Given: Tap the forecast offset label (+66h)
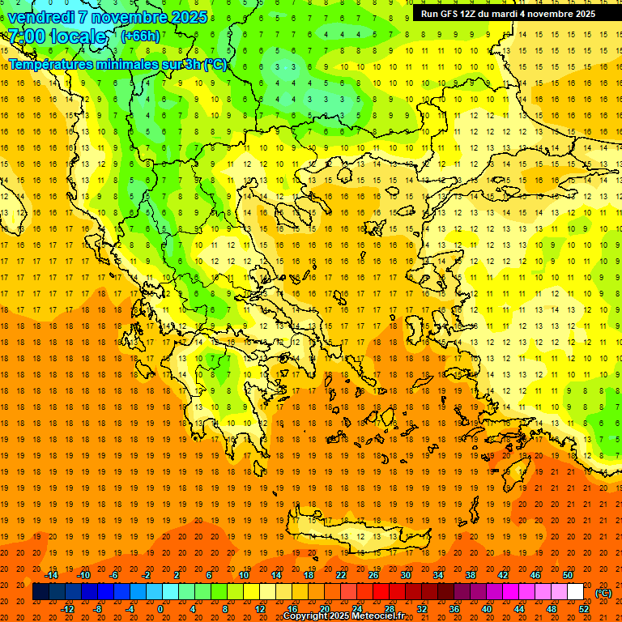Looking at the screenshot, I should click(x=140, y=36).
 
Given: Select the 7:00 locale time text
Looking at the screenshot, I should click(x=57, y=36).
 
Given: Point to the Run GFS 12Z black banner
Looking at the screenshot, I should click(x=508, y=14).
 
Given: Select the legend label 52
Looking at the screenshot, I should click(x=584, y=609).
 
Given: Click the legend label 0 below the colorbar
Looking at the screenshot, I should click(x=160, y=609).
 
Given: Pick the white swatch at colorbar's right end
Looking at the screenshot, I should click(x=575, y=592).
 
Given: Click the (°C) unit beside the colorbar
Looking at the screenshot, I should click(x=603, y=593).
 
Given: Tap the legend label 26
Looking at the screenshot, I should click(x=373, y=574).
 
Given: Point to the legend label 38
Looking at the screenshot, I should click(x=470, y=574).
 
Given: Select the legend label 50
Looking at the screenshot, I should click(x=568, y=574).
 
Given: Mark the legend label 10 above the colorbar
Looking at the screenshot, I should click(x=244, y=574).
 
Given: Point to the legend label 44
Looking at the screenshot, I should click(x=519, y=609).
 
